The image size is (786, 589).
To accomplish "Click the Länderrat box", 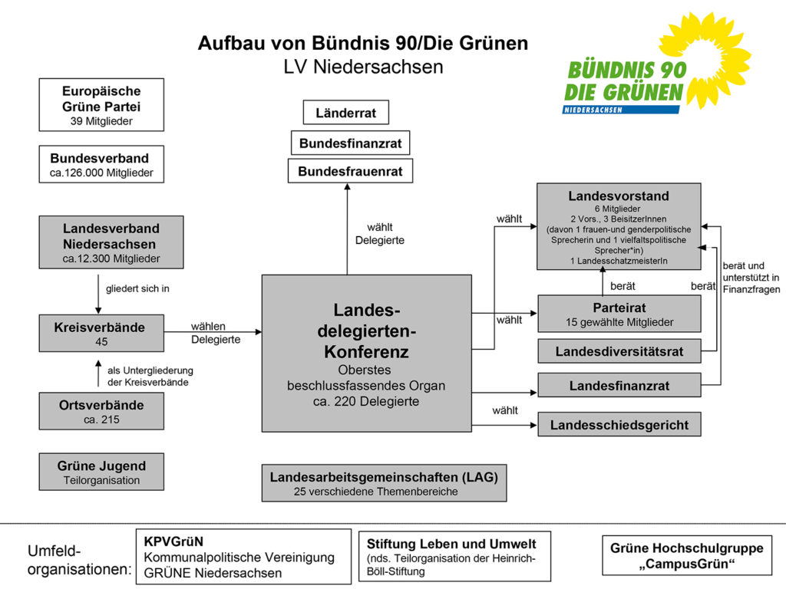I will point(345,113).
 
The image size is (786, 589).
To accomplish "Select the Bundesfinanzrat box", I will point(350,143).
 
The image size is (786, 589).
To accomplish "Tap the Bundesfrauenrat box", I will point(350,171).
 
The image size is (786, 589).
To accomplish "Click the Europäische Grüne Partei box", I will point(101,104).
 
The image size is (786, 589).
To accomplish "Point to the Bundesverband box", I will point(101,165).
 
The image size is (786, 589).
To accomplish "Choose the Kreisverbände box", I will point(101,333).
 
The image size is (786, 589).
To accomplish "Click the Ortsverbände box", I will point(101,411).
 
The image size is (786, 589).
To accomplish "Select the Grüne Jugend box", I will point(101,472).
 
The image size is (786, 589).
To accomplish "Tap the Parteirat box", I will point(619,313).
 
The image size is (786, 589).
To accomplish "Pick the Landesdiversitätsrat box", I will point(619,351).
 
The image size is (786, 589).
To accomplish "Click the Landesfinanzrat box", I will point(619,385).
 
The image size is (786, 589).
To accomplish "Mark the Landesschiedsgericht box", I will point(619,424).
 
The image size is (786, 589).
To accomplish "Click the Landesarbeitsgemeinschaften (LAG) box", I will point(384,483).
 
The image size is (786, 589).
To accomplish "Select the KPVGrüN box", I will point(243,556).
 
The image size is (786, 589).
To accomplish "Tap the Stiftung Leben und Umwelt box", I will point(454,555).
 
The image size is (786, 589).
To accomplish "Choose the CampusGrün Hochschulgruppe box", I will point(687,554).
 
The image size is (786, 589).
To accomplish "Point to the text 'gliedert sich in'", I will point(137,290).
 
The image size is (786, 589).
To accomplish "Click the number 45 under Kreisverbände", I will point(101,341).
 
